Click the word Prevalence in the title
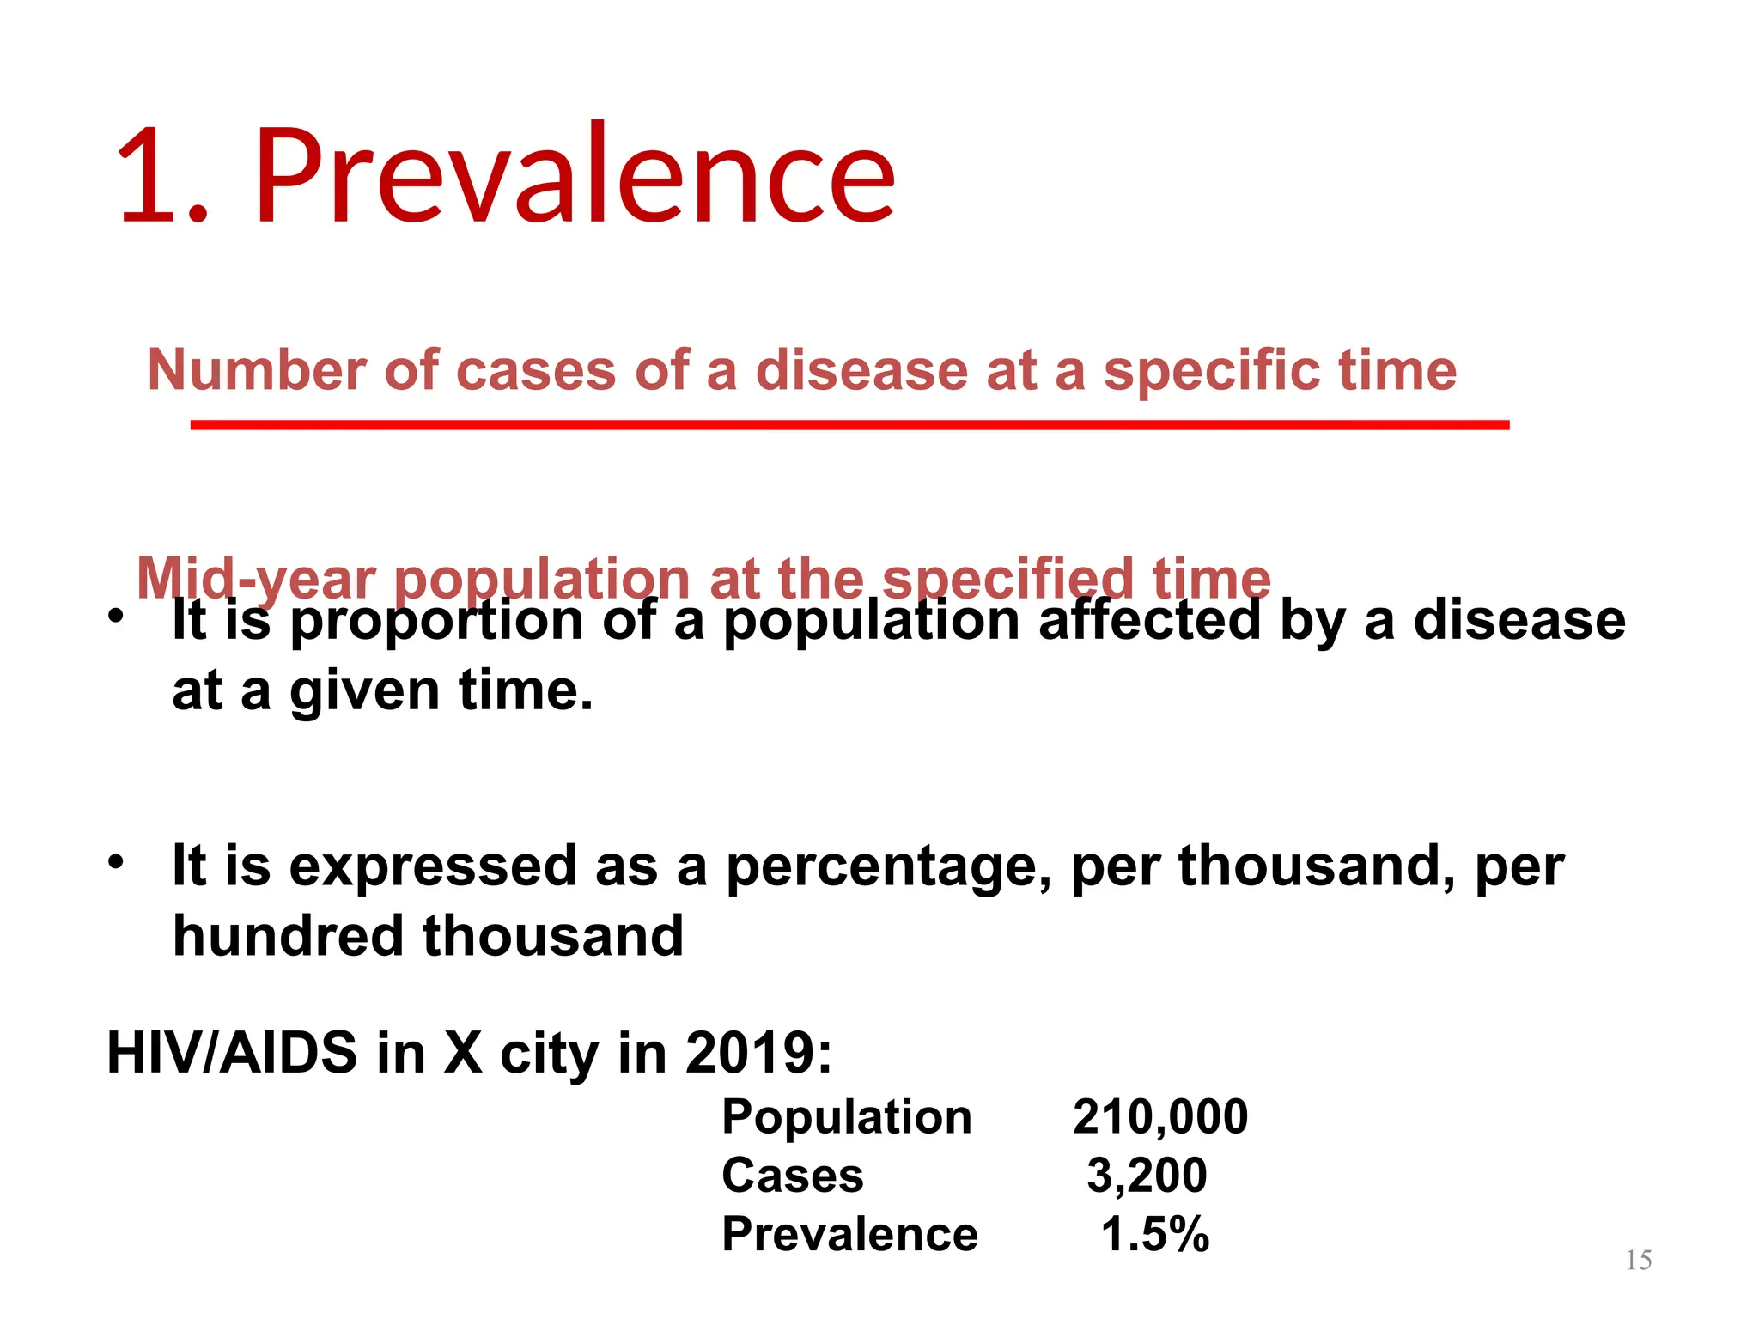click(x=574, y=176)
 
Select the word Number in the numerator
click(x=257, y=371)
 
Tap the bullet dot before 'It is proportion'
click(x=116, y=617)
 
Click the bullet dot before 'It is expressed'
click(x=116, y=861)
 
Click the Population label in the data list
click(x=846, y=1117)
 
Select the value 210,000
click(x=1159, y=1117)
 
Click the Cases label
click(x=792, y=1176)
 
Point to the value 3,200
click(x=1147, y=1176)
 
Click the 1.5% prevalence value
click(x=1154, y=1235)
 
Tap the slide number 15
click(x=1639, y=1261)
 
